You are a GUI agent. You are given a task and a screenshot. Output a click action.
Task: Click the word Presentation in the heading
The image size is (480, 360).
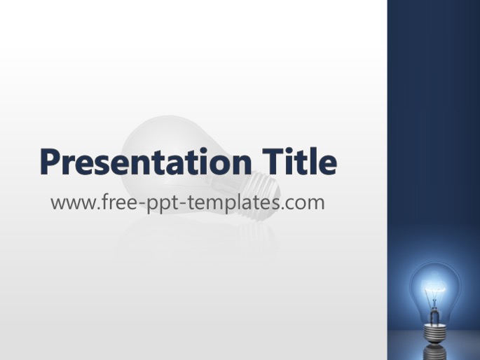click(146, 162)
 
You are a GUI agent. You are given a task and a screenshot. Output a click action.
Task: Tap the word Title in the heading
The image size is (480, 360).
click(299, 161)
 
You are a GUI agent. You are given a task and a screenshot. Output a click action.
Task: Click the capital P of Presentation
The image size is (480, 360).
click(50, 162)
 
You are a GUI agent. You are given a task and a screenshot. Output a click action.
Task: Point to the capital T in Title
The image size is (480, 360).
click(273, 162)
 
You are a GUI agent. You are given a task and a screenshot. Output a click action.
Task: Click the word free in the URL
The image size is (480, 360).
click(118, 201)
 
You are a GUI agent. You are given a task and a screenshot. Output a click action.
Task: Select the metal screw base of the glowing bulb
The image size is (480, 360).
click(434, 334)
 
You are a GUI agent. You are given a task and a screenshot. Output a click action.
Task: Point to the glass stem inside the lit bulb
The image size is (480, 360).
click(434, 312)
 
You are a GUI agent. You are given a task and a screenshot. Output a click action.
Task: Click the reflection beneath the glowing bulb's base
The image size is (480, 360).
click(434, 352)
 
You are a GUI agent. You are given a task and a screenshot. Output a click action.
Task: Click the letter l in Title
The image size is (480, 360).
click(310, 161)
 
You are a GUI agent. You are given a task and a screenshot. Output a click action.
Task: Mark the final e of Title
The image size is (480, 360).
click(327, 165)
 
